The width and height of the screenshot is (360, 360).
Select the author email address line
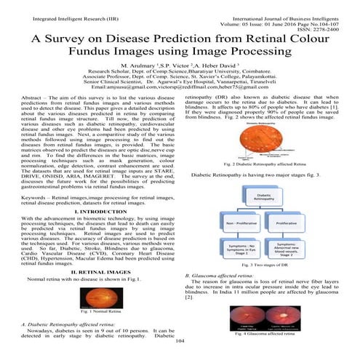[180, 87]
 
